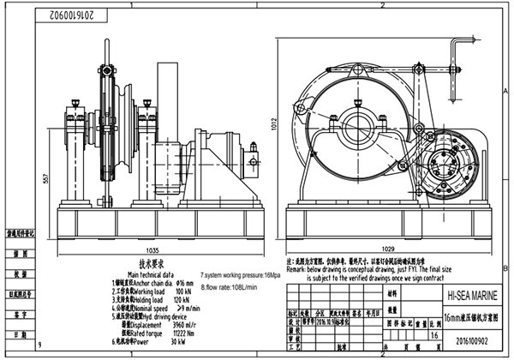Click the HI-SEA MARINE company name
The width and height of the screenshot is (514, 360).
tap(470, 294)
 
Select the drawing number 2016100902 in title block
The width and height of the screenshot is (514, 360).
tap(469, 339)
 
